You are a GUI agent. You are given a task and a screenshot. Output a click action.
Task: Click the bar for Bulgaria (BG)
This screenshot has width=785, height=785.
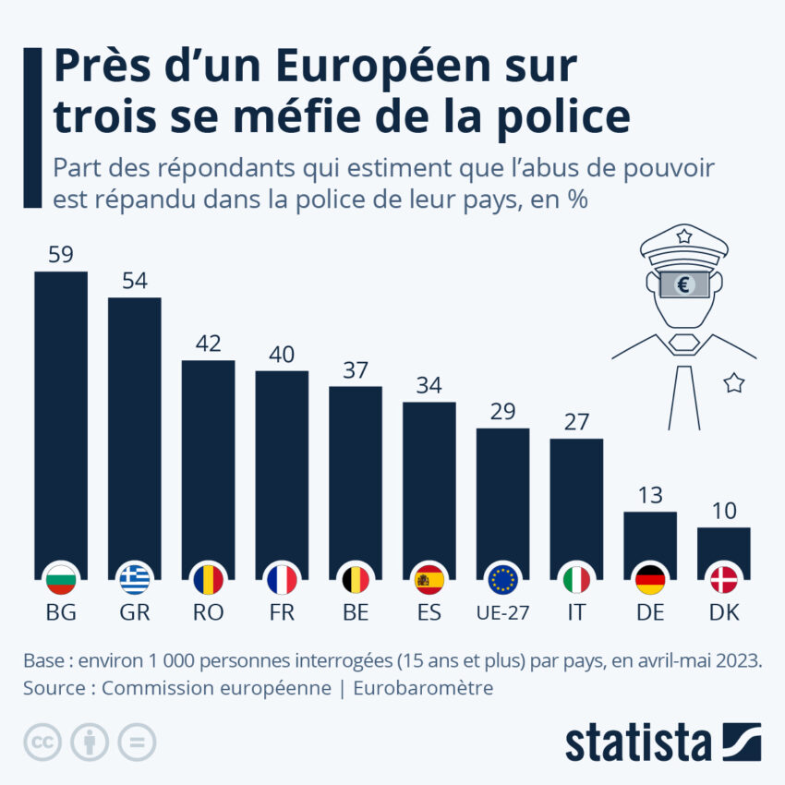click(61, 416)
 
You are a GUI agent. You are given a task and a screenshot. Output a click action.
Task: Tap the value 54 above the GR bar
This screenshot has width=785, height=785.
click(135, 281)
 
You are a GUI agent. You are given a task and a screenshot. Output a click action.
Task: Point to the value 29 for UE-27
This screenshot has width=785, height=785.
click(502, 412)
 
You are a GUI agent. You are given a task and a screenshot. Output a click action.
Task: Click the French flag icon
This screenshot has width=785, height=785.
click(282, 579)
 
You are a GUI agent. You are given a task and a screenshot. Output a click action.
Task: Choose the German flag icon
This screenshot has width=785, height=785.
click(650, 579)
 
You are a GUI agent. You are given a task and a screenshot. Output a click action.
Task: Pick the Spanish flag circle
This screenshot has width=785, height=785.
click(429, 579)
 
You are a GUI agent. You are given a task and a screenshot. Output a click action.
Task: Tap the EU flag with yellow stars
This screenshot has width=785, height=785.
click(502, 579)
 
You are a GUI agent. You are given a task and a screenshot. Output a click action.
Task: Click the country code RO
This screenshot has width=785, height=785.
click(208, 613)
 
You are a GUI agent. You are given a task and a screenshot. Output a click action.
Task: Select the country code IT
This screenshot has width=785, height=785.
click(576, 613)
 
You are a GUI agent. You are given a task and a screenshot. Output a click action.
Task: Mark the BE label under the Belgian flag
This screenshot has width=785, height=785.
click(356, 613)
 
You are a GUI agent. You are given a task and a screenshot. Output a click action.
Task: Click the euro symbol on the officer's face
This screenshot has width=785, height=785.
click(683, 284)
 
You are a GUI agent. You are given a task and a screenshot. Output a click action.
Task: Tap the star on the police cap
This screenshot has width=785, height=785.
click(683, 236)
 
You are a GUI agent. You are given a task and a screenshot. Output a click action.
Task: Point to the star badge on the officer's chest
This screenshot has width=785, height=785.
click(733, 382)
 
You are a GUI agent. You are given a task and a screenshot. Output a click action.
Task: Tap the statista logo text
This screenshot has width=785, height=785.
click(637, 743)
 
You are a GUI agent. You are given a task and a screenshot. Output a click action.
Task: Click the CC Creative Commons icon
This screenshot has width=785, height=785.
click(42, 742)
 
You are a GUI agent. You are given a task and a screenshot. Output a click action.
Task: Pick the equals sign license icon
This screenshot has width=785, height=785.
click(137, 742)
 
